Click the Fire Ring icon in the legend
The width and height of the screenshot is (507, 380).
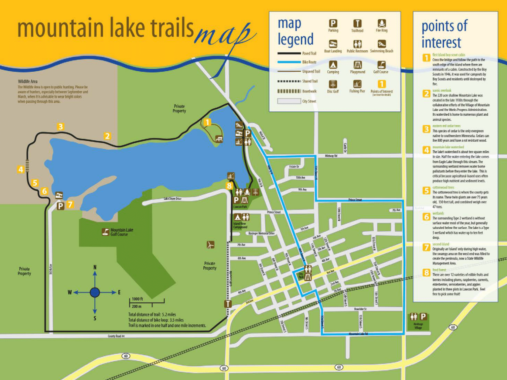pos(381,24)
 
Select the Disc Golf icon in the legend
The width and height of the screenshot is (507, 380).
pos(333,84)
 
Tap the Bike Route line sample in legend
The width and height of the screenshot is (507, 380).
pos(289,62)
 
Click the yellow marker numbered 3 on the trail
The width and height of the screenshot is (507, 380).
pos(60,127)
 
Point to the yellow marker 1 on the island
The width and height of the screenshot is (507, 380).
pos(207,122)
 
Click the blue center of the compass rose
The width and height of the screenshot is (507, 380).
pos(95,292)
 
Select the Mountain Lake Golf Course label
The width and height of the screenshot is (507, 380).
pos(121,232)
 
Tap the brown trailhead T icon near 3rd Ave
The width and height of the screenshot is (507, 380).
pos(228,304)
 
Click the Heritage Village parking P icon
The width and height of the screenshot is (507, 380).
pos(423,317)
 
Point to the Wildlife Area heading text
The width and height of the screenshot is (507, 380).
pos(28,81)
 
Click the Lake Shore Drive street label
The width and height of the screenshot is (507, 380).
pos(172,199)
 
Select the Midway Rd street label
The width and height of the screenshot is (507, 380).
pos(331,156)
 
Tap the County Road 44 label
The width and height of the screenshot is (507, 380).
pos(116,336)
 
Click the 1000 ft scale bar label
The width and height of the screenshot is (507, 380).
pos(137,299)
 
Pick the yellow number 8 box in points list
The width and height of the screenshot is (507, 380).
pos(426,273)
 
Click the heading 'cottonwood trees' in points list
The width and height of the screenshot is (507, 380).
pos(443,187)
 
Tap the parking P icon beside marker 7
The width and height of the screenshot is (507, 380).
pos(60,206)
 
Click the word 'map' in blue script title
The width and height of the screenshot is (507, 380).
pos(224,35)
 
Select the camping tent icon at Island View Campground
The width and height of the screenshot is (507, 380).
pos(237,217)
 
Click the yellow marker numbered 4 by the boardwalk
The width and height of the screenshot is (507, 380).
pos(20,170)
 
